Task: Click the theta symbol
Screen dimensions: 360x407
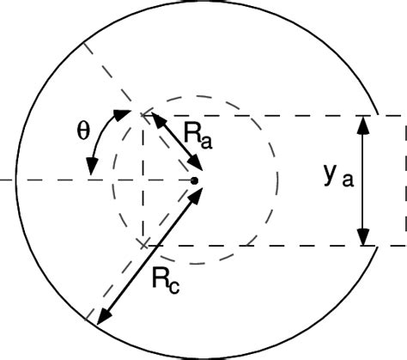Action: [82, 133]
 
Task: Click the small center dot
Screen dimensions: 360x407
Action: [196, 180]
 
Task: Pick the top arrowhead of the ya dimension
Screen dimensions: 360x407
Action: [364, 123]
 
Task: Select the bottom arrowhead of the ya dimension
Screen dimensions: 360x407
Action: [364, 235]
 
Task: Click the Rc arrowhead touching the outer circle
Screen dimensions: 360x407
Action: [100, 317]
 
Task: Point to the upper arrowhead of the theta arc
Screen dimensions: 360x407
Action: [119, 114]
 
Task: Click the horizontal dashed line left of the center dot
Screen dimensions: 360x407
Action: [52, 180]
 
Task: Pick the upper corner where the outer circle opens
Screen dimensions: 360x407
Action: [376, 113]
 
